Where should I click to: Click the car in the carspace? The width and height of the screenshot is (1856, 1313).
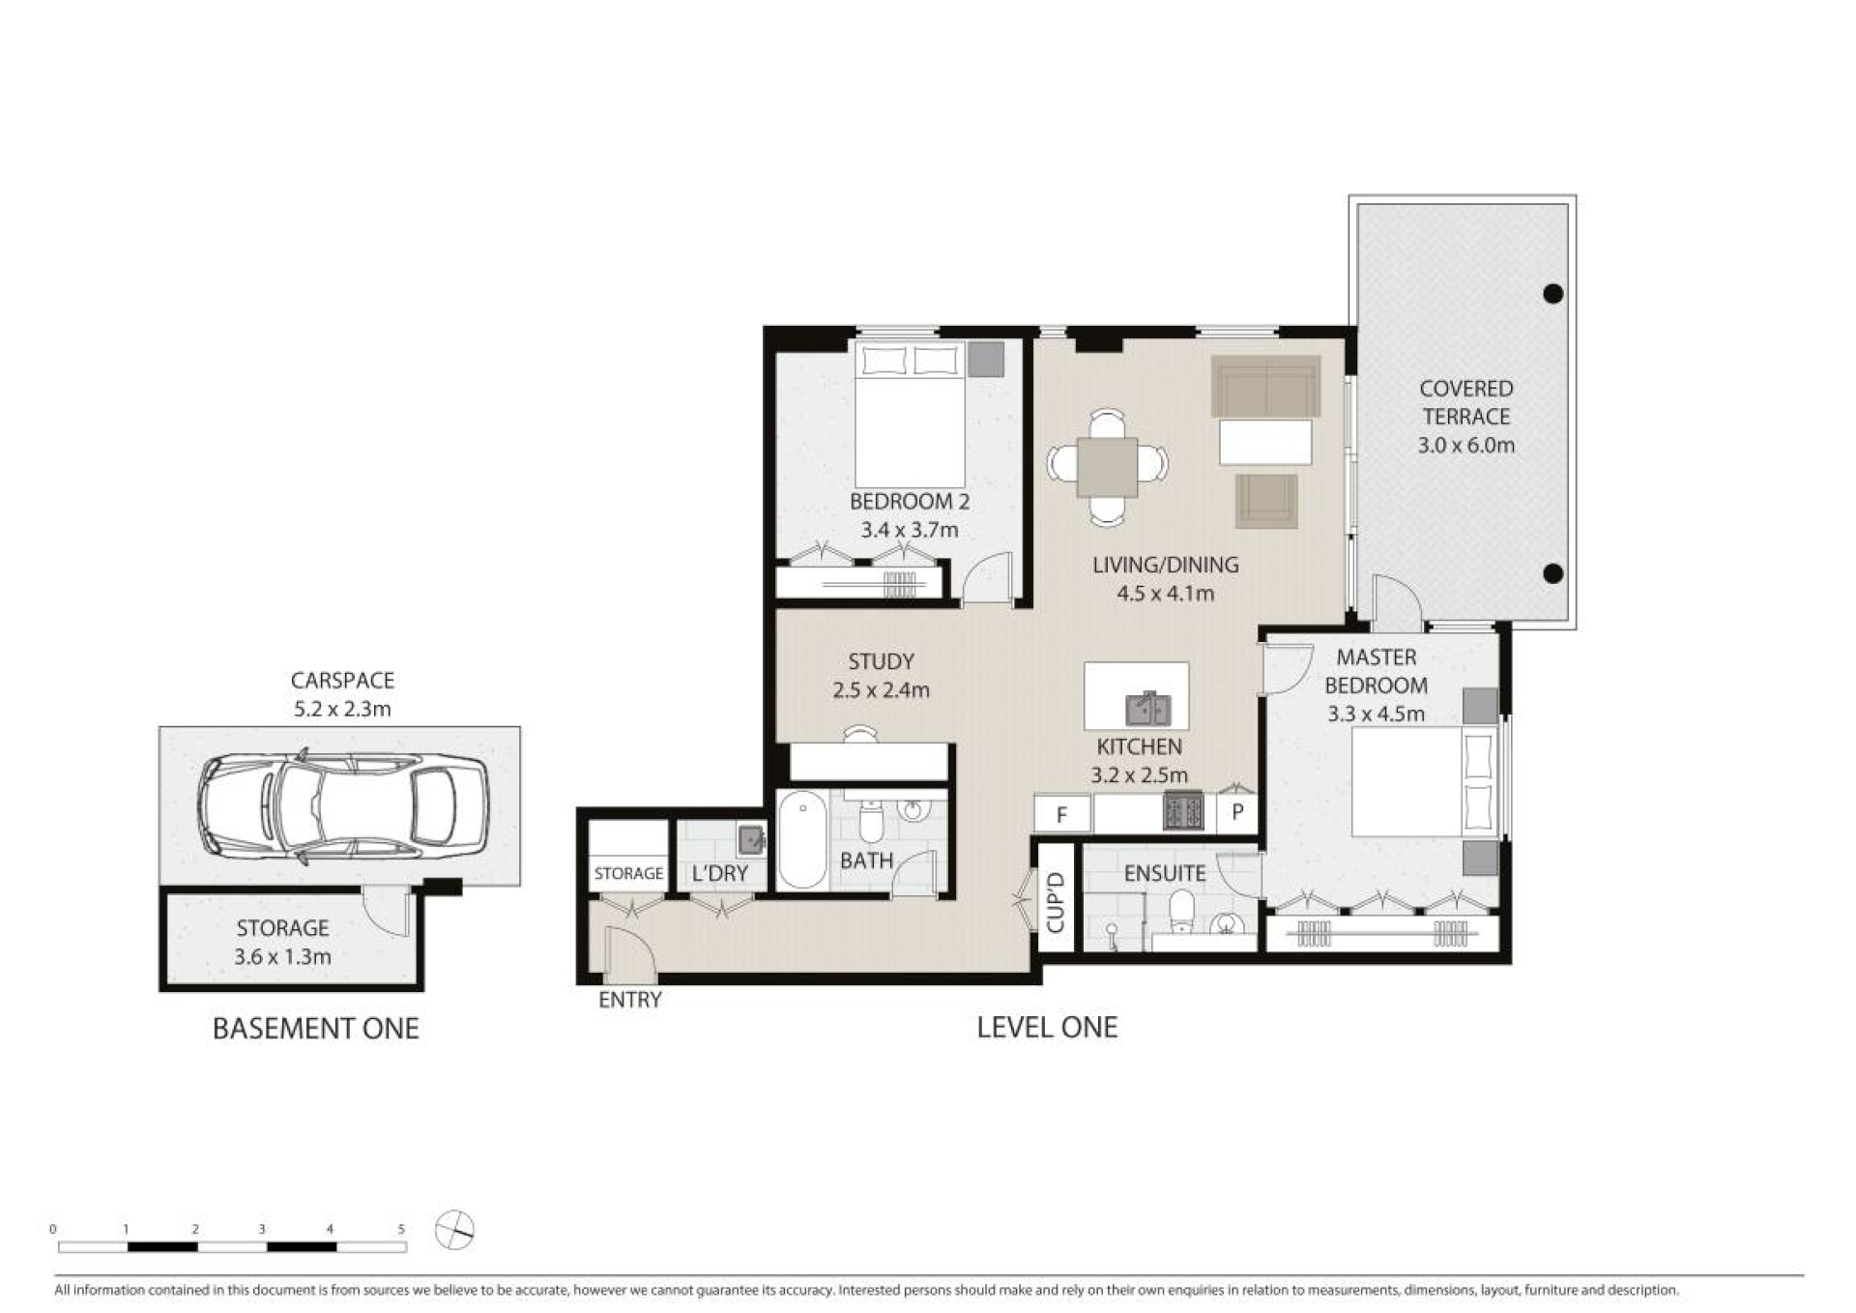point(343,805)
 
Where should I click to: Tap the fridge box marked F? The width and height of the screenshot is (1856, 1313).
point(1062,814)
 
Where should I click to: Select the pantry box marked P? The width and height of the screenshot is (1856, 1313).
point(1236,812)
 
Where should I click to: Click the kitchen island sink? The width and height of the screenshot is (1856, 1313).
point(1148,709)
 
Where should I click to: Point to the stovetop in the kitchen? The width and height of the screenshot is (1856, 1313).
point(1183,811)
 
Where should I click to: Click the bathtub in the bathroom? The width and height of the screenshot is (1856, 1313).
point(802,839)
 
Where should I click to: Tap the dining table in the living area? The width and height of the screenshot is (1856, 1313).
point(1108,467)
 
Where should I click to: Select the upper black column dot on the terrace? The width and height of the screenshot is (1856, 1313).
point(1552,294)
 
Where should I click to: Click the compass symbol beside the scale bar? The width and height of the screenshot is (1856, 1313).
point(454,1231)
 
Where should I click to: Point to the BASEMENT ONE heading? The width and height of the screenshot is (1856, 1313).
point(315,1028)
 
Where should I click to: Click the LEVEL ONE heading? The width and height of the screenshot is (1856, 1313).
point(1047,1027)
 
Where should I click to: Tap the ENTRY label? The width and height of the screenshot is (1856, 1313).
point(629,1000)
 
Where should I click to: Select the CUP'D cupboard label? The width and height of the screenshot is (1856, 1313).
point(1056,902)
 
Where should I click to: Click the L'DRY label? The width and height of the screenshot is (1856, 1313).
point(720,873)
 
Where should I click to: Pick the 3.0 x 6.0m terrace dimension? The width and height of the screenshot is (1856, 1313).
point(1465,445)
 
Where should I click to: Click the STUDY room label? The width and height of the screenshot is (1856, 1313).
point(881,661)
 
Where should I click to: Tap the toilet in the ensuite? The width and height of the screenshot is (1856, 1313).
point(1181,911)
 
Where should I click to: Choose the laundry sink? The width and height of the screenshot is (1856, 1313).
point(751,839)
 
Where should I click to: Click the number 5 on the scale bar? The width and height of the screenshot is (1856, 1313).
point(401,1229)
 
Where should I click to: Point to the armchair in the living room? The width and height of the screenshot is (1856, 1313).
point(1266,501)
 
